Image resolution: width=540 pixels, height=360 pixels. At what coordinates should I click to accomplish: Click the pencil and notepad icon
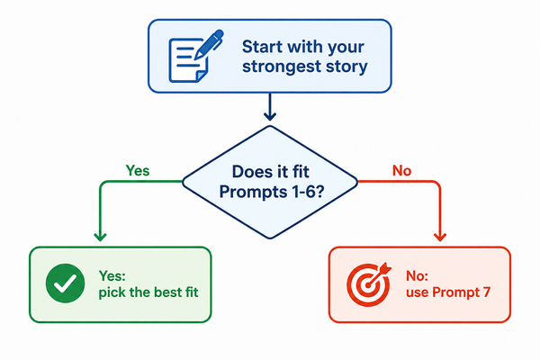click(195, 57)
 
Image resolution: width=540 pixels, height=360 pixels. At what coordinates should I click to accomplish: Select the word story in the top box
click(346, 67)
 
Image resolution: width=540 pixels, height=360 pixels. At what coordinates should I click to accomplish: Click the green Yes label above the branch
click(138, 170)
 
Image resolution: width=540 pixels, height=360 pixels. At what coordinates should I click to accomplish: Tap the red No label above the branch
click(402, 170)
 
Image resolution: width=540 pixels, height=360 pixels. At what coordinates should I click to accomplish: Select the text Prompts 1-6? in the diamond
click(272, 192)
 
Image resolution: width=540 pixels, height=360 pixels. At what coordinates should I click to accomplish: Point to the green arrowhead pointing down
click(100, 237)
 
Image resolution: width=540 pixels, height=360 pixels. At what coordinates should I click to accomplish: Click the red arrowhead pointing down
click(440, 237)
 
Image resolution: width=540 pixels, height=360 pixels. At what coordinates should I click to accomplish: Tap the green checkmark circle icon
click(65, 283)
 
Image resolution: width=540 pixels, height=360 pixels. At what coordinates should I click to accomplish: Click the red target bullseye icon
click(369, 284)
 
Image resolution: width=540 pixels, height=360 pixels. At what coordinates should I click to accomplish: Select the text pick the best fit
click(148, 292)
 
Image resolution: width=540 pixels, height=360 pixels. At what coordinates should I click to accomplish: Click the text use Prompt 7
click(447, 292)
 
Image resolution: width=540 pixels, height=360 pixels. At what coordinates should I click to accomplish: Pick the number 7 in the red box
click(486, 292)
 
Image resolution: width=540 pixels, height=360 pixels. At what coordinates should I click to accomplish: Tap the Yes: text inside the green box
click(112, 275)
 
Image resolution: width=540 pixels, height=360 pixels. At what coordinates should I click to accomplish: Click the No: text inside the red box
click(417, 275)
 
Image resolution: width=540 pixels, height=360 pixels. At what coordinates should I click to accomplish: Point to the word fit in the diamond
click(301, 172)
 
